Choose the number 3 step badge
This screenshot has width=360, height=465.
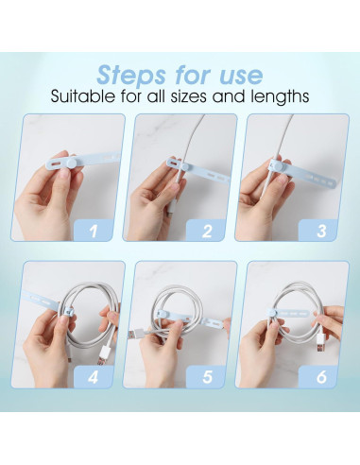point(322,228)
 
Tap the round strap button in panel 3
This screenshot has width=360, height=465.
point(273,169)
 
